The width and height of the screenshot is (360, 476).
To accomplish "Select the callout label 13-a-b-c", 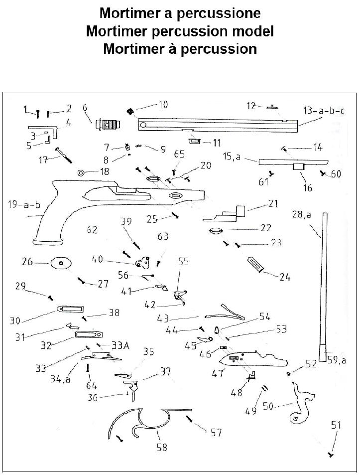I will pyautogui.click(x=323, y=110).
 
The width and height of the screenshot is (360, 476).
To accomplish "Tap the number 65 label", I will pyautogui.click(x=179, y=155).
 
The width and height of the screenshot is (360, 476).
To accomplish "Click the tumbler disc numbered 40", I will pyautogui.click(x=143, y=260).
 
